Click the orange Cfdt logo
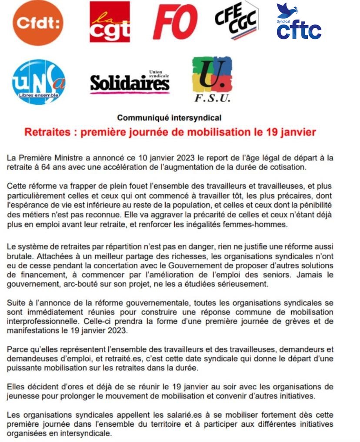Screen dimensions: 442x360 [x=38, y=23]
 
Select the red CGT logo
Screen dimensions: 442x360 [x=110, y=22]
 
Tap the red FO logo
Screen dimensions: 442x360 [x=175, y=22]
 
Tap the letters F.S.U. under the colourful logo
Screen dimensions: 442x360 [x=212, y=99]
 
